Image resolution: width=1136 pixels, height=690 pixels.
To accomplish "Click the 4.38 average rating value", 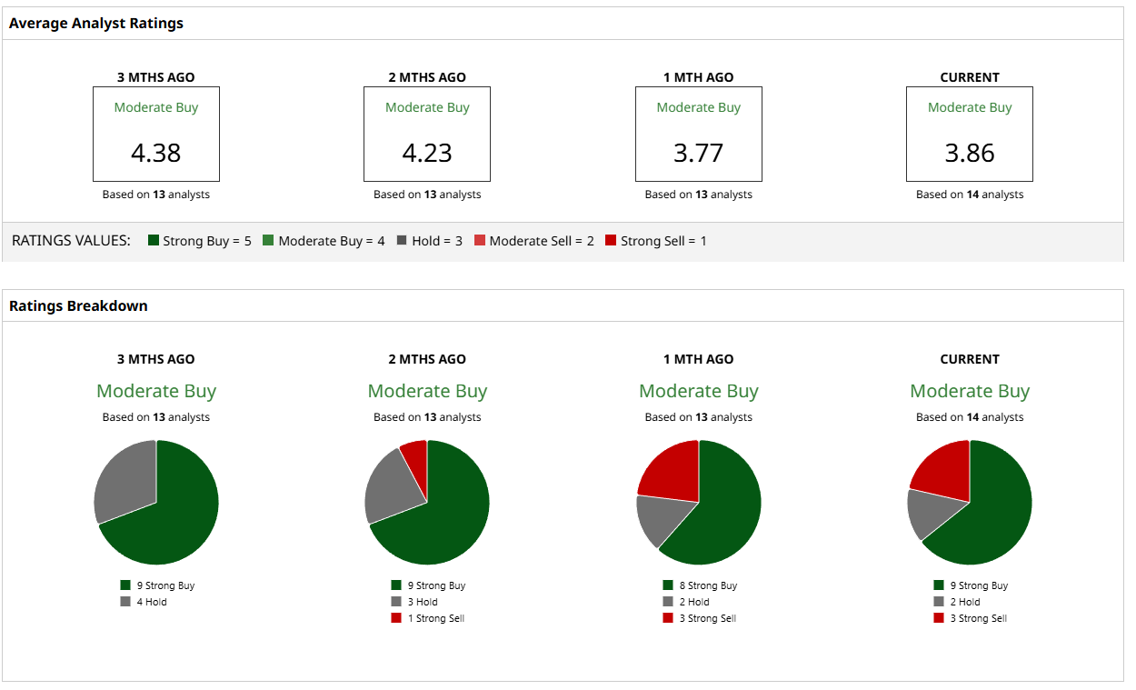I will point(156,153).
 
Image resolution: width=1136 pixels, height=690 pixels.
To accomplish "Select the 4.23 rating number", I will point(427,153).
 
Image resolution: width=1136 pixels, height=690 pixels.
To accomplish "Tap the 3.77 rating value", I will point(698,153).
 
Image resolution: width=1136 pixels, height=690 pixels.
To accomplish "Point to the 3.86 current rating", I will point(970,153).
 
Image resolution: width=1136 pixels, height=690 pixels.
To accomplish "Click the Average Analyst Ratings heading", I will point(96,24).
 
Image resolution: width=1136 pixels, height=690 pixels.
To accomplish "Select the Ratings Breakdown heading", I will point(78,306).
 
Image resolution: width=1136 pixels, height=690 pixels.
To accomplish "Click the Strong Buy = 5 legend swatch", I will point(154,241).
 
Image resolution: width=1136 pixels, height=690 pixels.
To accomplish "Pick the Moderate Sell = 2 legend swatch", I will point(481,241).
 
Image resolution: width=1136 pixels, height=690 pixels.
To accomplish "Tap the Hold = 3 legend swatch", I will point(403,241).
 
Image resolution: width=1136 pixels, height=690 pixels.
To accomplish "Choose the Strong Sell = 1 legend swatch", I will point(611,241).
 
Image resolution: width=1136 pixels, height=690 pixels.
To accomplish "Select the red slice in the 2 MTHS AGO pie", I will point(414,456).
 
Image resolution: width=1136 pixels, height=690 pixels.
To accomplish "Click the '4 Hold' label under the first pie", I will point(152,602).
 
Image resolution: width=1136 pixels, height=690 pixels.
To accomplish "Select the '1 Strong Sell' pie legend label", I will point(435,618).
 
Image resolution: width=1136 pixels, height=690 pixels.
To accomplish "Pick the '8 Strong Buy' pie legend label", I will point(708,585).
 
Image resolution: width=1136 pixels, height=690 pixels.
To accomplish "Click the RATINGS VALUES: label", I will point(71,241).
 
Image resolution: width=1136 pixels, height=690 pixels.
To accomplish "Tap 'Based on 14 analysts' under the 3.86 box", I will point(970,195).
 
